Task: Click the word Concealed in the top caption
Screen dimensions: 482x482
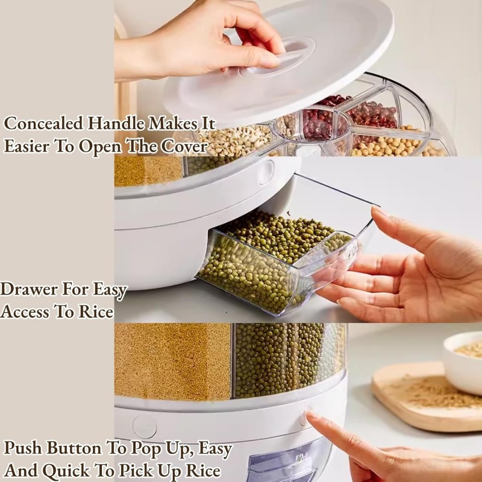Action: (44, 124)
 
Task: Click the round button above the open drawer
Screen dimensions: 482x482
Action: (265, 172)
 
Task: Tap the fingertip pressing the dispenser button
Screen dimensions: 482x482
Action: (310, 416)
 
